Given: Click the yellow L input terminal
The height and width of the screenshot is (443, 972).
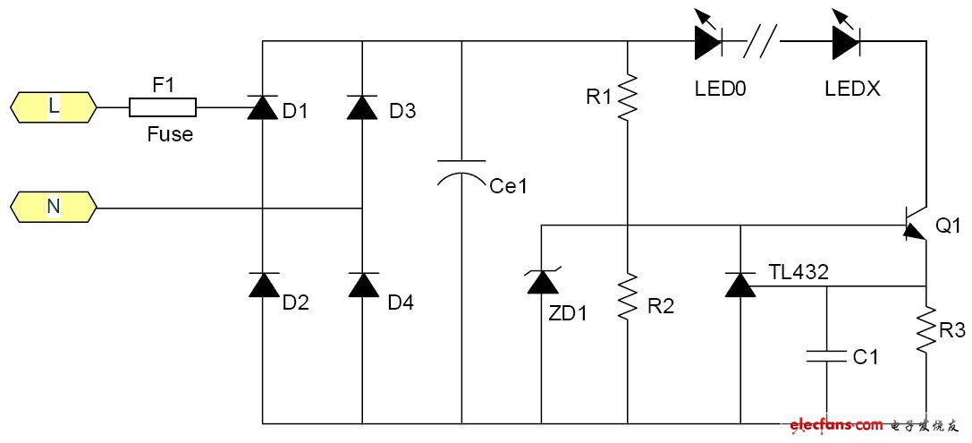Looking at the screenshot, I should click(54, 107).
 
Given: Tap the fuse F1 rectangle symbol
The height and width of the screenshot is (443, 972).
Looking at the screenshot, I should click(163, 107).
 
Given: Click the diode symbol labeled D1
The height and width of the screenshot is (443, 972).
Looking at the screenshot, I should click(262, 107).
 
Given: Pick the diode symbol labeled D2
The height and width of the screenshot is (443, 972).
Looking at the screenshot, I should click(262, 285).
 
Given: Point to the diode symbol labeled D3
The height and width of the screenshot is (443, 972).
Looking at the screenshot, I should click(361, 107).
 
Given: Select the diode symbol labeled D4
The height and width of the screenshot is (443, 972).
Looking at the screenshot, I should click(361, 285).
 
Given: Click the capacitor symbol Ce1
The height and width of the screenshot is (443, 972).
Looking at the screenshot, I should click(461, 173).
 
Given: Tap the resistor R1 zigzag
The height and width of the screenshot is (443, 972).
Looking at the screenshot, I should click(629, 96).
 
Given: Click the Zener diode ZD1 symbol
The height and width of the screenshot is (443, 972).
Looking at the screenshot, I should click(542, 283).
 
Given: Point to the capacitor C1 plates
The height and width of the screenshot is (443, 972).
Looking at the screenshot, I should click(826, 356).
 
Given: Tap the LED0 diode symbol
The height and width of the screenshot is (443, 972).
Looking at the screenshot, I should click(707, 40).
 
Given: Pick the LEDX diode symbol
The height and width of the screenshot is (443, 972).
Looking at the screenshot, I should click(846, 40).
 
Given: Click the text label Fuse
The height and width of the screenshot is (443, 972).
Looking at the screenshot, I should click(170, 136).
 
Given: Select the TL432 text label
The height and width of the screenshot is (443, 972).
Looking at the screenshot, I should click(799, 271).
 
